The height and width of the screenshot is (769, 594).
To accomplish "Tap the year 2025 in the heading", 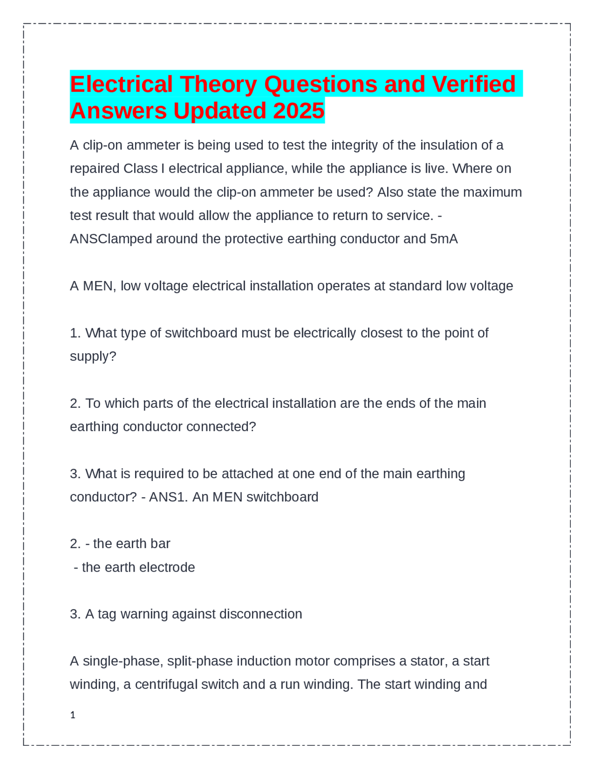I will [x=299, y=111].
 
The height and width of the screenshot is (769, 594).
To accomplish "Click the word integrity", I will [x=355, y=145].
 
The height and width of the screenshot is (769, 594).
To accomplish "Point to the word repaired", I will [x=95, y=169].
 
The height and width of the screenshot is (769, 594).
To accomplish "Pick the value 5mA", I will [x=444, y=239].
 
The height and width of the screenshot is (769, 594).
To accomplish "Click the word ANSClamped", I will [x=111, y=239].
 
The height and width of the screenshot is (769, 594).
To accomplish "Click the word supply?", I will [x=93, y=357].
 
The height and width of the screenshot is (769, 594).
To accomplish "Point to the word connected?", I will [x=221, y=427].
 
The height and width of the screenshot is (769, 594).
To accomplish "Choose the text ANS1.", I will [x=167, y=497].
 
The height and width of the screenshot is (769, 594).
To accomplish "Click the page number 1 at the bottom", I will [x=72, y=715].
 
